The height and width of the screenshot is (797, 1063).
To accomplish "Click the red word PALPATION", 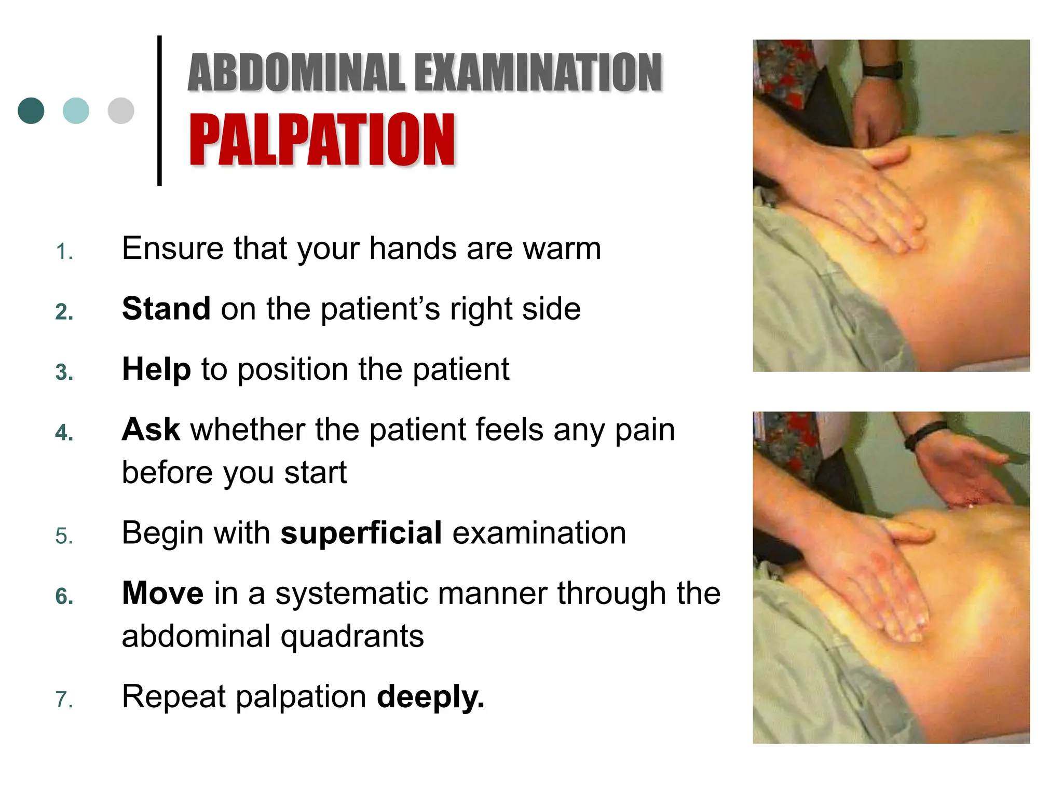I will tap(322, 140).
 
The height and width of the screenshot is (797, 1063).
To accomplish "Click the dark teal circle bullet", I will tap(31, 111).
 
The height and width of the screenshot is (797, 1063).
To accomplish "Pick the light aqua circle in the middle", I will tap(76, 111).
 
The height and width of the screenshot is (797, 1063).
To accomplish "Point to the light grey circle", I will tap(121, 111).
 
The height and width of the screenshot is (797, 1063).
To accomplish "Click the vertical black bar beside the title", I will tap(159, 111).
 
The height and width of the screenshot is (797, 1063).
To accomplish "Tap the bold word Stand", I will tap(166, 309).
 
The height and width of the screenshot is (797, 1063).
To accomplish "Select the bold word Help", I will tap(156, 369).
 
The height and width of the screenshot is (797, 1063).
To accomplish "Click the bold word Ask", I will tap(151, 430).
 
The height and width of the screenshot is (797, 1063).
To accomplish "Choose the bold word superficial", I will tap(361, 533).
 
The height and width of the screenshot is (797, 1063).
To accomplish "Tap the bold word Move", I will tap(162, 593).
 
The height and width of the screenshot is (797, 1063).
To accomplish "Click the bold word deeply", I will tap(430, 697).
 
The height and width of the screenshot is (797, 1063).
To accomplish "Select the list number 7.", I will tap(64, 700).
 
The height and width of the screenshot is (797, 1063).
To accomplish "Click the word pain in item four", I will tap(645, 431).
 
